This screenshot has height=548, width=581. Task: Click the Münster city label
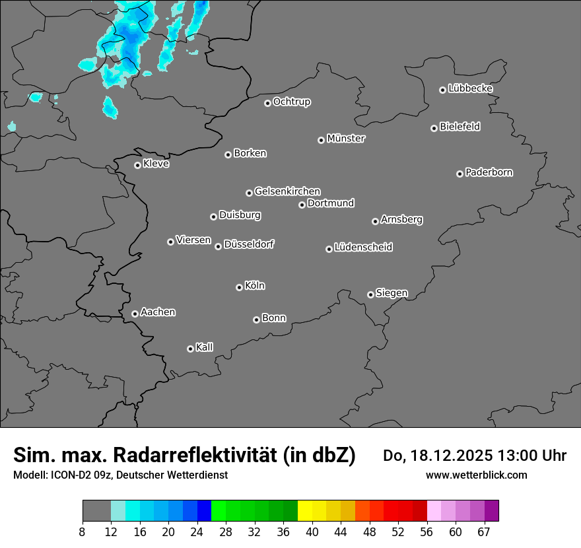click(x=346, y=139)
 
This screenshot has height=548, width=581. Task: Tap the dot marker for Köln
click(x=239, y=287)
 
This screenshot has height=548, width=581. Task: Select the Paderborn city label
click(x=489, y=172)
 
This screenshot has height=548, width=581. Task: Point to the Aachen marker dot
click(x=135, y=314)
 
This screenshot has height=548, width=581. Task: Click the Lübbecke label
click(x=470, y=88)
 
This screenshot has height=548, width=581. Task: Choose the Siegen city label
click(x=392, y=293)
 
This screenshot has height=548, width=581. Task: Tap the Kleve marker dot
click(x=137, y=165)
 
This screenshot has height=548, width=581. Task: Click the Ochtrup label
click(x=292, y=102)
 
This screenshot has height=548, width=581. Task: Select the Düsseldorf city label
click(x=249, y=244)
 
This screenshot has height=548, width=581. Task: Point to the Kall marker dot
click(x=190, y=349)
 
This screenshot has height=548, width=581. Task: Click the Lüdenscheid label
click(x=363, y=248)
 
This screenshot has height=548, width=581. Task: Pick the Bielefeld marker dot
click(x=434, y=128)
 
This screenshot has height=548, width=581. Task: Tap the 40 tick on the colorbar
click(x=312, y=531)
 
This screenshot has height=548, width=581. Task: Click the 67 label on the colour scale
click(x=484, y=531)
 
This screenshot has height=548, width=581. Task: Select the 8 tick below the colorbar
click(x=83, y=531)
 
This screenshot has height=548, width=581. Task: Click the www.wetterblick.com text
click(x=476, y=475)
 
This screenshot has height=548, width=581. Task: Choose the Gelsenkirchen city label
click(x=287, y=191)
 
